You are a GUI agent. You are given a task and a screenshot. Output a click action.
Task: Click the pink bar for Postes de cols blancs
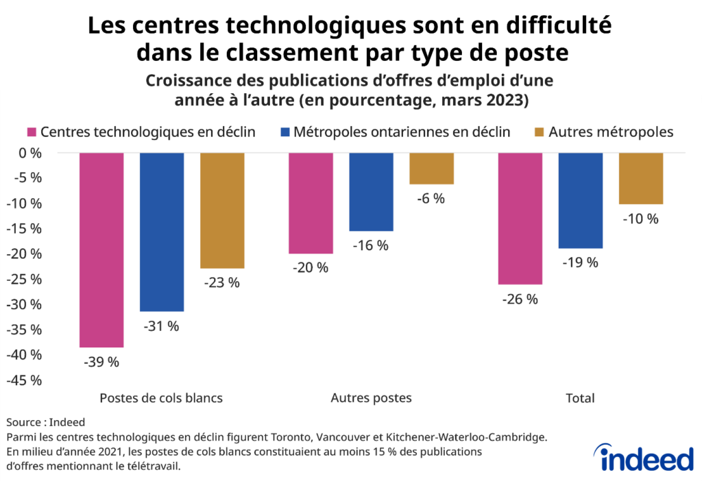coord(101,250)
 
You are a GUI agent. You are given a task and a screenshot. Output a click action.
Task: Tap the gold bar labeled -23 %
coord(222,210)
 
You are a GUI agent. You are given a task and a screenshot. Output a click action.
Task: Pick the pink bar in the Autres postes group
coord(311,203)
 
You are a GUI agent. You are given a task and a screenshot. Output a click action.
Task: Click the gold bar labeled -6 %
coord(431,169)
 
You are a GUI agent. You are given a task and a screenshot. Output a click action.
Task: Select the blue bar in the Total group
coord(581,200)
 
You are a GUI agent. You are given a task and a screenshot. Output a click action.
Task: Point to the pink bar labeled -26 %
coord(520,219)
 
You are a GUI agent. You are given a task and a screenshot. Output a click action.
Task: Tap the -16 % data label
coord(371,245)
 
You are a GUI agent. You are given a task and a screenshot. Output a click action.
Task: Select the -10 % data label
coord(641,219)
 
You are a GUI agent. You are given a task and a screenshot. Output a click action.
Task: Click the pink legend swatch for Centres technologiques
coord(32,132)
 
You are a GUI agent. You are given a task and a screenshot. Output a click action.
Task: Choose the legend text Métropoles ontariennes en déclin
coord(401,132)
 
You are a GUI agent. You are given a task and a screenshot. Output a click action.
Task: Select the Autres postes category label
coord(371,398)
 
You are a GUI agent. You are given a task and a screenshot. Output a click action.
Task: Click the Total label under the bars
coord(580,398)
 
